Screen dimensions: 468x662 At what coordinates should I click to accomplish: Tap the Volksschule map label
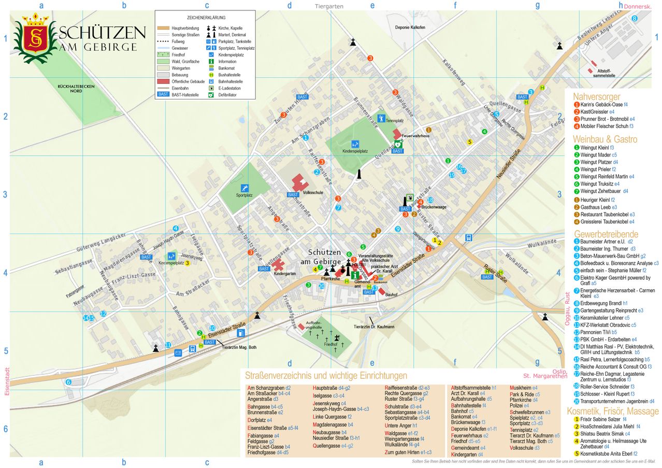tap(313, 192)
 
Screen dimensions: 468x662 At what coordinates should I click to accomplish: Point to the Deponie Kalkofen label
tap(410, 27)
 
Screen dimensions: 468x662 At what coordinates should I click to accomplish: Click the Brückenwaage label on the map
tap(434, 207)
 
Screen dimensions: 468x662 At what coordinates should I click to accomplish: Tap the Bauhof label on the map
tap(391, 294)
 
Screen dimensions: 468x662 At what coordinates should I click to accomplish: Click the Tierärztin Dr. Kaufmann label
tap(374, 327)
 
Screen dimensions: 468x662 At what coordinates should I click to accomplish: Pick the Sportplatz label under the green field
tap(244, 196)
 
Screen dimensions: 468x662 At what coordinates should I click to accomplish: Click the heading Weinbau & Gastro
tap(605, 139)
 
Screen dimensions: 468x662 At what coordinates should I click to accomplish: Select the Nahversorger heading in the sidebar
tap(596, 97)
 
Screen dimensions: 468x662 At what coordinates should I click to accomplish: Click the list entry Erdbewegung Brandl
tap(601, 303)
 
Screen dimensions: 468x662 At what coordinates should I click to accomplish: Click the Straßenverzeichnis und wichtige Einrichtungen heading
tap(326, 376)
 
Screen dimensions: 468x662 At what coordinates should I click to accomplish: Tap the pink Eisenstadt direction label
tap(7, 382)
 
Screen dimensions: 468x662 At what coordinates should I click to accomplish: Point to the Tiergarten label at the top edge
tap(329, 6)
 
